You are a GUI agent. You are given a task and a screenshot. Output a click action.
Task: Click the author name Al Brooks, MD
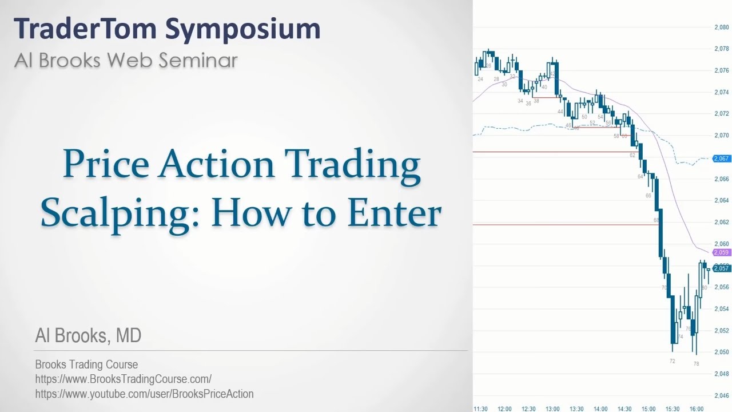coord(88,336)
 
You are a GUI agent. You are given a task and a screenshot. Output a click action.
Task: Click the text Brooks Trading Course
coord(86,365)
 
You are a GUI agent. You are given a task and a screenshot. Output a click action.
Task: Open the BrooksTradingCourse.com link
coord(123,379)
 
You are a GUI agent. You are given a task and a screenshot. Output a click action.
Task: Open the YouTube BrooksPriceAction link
coord(144,394)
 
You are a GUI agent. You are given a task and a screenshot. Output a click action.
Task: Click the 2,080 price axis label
coord(721,27)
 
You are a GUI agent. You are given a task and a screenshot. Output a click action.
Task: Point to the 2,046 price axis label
coord(721,395)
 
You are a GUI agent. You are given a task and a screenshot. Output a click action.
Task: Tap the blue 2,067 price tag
coord(721,159)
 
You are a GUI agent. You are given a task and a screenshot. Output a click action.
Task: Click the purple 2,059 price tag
coord(721,252)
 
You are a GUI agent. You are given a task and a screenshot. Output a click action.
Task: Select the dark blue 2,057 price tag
coord(721,268)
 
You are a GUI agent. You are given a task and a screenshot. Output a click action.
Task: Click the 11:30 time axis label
coord(480,409)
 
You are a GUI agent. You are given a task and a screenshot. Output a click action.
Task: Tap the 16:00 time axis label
coord(696,409)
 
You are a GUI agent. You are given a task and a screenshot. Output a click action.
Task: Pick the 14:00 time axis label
coord(600,409)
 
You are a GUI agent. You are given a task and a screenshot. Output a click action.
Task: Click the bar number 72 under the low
coord(672,361)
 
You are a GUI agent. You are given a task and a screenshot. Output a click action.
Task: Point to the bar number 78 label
coord(696,364)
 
